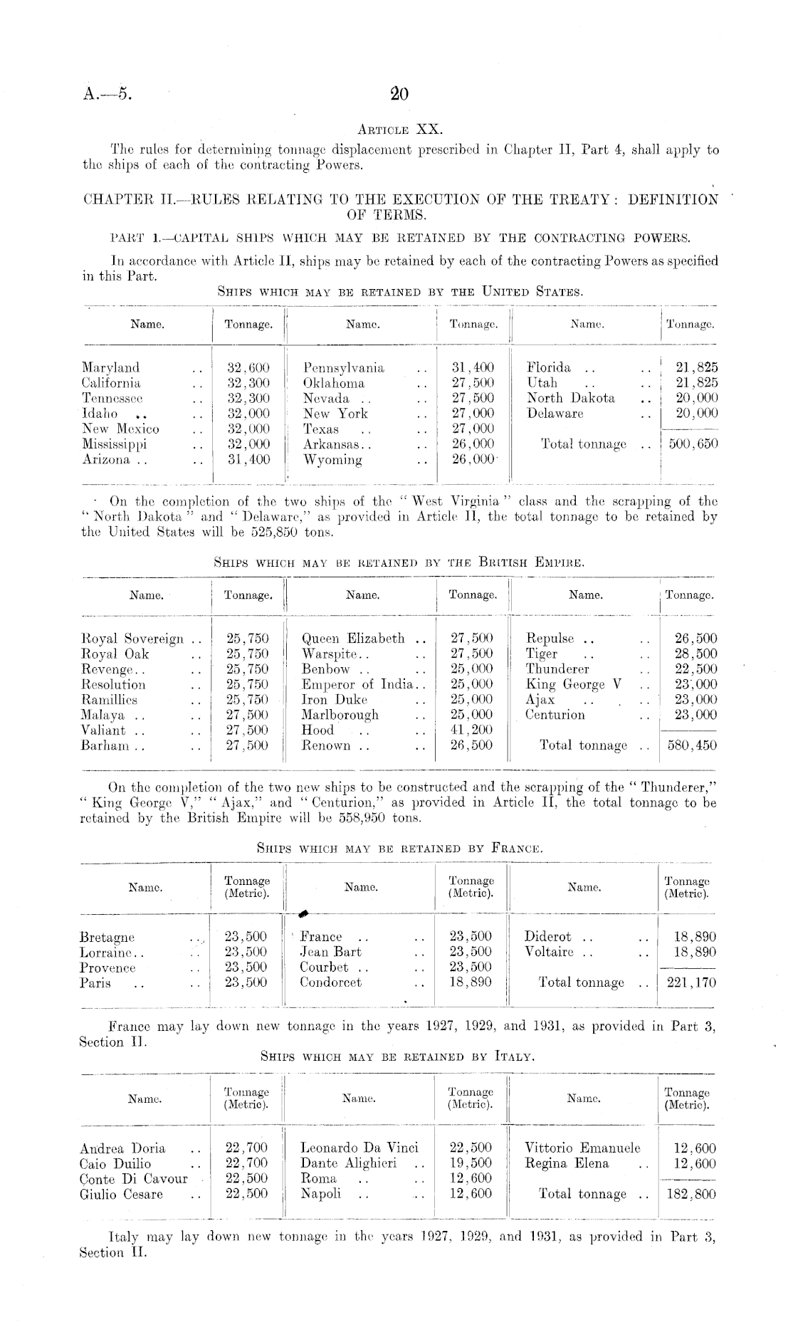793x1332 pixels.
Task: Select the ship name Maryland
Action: pyautogui.click(x=111, y=368)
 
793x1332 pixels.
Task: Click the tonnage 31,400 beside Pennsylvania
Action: pyautogui.click(x=473, y=368)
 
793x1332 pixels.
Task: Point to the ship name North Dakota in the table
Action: pyautogui.click(x=571, y=399)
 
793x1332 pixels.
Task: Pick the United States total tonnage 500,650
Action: pyautogui.click(x=689, y=444)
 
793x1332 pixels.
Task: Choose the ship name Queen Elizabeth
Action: pyautogui.click(x=353, y=639)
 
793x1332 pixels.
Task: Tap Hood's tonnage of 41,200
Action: pyautogui.click(x=473, y=730)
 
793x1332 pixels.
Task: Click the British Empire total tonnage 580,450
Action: pyautogui.click(x=689, y=746)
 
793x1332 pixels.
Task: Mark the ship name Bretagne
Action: pyautogui.click(x=107, y=937)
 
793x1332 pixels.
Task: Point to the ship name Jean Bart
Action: pyautogui.click(x=330, y=952)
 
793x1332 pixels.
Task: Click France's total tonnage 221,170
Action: pyautogui.click(x=689, y=983)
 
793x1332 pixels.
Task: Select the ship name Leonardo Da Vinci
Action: pyautogui.click(x=360, y=1148)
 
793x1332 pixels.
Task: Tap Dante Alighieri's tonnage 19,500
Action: pyautogui.click(x=471, y=1163)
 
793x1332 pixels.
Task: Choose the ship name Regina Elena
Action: pyautogui.click(x=567, y=1163)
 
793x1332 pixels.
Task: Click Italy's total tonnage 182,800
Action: pyautogui.click(x=689, y=1194)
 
